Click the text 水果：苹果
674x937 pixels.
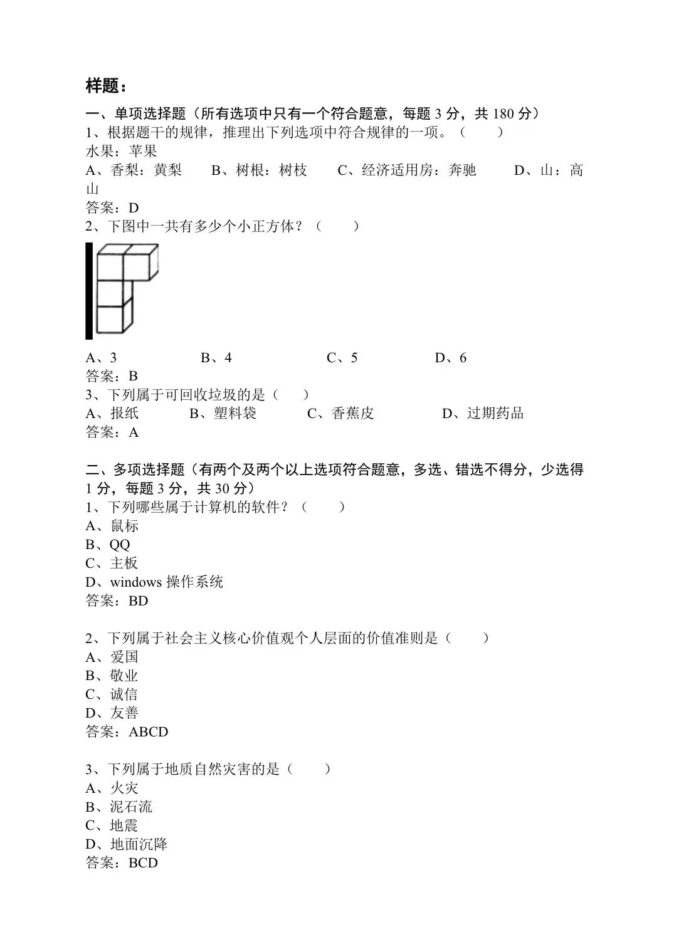click(121, 151)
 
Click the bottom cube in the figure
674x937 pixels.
click(113, 318)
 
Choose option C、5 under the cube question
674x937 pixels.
click(342, 358)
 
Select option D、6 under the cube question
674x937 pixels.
click(451, 358)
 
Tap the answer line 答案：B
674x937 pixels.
click(112, 376)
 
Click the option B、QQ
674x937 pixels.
click(108, 545)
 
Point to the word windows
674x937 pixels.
click(135, 582)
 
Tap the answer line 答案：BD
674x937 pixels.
click(117, 601)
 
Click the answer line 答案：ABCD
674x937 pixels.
click(127, 731)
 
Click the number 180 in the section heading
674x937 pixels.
click(503, 113)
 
